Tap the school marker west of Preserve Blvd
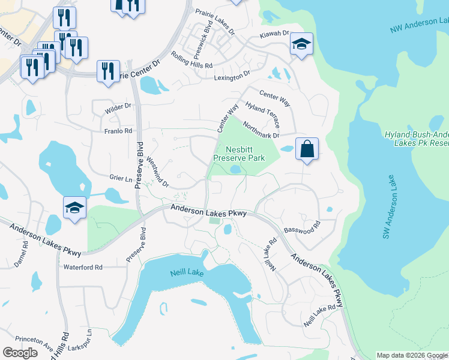74,209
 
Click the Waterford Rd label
83,267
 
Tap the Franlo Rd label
118,131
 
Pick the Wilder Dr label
118,106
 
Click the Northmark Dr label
261,130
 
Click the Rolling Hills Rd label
192,61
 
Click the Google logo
20,353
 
